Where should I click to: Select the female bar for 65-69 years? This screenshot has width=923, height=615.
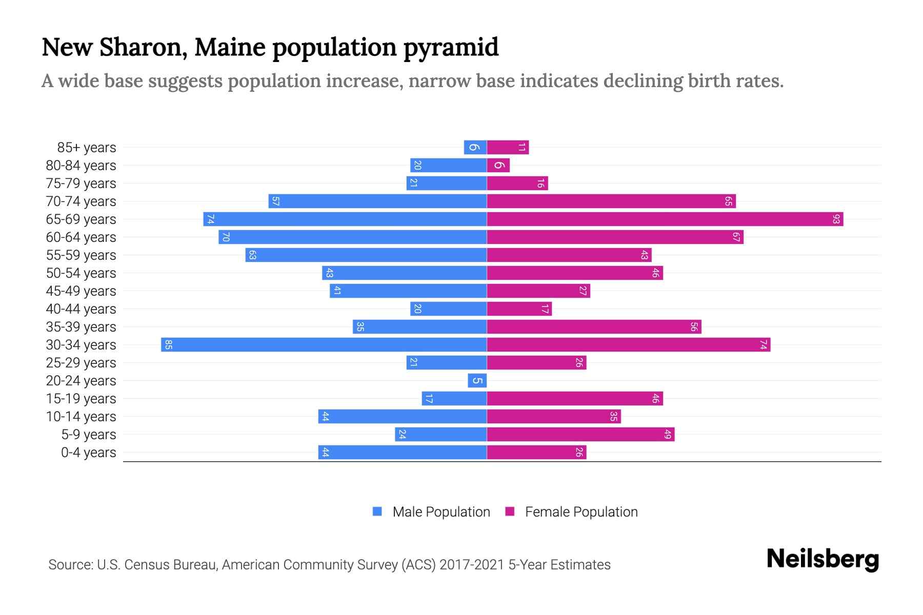click(665, 219)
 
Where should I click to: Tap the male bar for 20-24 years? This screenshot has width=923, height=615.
click(477, 380)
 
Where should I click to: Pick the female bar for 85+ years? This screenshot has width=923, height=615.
click(508, 148)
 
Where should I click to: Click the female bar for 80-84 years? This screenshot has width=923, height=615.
click(498, 166)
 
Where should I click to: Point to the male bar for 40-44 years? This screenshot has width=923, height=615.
click(448, 309)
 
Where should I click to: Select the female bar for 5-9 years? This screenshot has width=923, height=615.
click(580, 435)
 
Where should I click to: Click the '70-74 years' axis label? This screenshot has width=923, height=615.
click(81, 201)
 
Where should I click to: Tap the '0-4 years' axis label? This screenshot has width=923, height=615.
click(88, 453)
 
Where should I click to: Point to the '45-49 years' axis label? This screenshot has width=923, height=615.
click(81, 291)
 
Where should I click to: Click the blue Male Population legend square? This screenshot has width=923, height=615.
click(377, 511)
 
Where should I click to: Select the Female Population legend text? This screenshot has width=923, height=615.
click(581, 511)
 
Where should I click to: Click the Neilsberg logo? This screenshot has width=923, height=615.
click(822, 559)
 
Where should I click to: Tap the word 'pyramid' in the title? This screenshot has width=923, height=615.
click(451, 48)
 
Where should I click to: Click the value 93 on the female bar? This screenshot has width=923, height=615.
click(836, 219)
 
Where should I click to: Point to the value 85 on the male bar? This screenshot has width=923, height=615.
click(168, 344)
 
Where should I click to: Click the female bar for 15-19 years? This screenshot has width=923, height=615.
click(574, 399)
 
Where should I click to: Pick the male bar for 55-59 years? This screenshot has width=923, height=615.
click(366, 255)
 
